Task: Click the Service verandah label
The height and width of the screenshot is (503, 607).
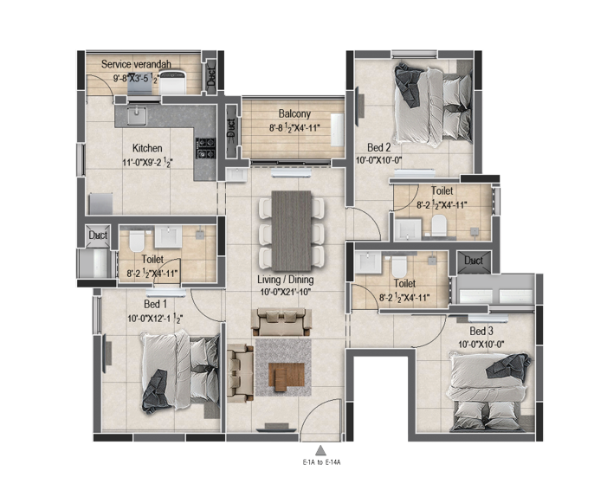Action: (136, 64)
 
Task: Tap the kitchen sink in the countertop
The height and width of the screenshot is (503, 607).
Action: (136, 116)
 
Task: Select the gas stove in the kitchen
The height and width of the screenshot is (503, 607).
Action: (204, 148)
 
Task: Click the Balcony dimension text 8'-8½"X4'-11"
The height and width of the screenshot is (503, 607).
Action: (294, 127)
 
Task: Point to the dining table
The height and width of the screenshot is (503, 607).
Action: (292, 230)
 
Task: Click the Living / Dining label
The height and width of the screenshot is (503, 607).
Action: (285, 280)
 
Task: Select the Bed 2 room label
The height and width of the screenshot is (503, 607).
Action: (378, 147)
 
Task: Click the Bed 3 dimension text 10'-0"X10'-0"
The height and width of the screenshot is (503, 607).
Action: (481, 344)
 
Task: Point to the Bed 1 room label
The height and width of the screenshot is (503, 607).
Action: (156, 304)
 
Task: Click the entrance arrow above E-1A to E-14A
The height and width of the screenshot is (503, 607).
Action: (320, 450)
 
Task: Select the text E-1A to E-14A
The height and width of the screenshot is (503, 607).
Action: (321, 462)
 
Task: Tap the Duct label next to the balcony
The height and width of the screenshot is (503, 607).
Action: (230, 127)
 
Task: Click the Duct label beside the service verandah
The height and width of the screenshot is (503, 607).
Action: (211, 76)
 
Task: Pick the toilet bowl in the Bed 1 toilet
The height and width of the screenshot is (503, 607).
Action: (136, 241)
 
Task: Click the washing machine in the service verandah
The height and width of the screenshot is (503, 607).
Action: (173, 82)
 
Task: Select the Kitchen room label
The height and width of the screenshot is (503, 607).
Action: (147, 148)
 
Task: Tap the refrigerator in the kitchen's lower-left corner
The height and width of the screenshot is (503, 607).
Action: (101, 203)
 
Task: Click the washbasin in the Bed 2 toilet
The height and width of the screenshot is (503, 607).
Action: (408, 229)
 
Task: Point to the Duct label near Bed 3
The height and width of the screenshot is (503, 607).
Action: (473, 261)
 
